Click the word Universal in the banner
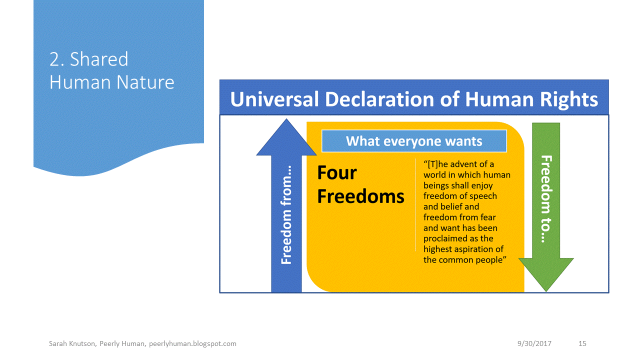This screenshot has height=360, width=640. pyautogui.click(x=274, y=99)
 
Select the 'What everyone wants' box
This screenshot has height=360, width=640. pyautogui.click(x=414, y=141)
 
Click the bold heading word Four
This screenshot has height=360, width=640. pyautogui.click(x=337, y=173)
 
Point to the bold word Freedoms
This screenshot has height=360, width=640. pyautogui.click(x=360, y=196)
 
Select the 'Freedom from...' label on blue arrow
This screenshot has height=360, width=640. pyautogui.click(x=286, y=215)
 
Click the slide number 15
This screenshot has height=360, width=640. pyautogui.click(x=582, y=343)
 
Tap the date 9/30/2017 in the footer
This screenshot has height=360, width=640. pyautogui.click(x=534, y=343)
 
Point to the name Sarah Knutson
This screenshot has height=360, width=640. pyautogui.click(x=69, y=343)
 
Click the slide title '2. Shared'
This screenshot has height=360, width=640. pyautogui.click(x=88, y=59)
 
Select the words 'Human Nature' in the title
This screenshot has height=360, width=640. pyautogui.click(x=112, y=82)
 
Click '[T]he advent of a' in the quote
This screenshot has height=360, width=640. pyautogui.click(x=458, y=164)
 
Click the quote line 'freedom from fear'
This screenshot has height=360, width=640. pyautogui.click(x=459, y=217)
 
